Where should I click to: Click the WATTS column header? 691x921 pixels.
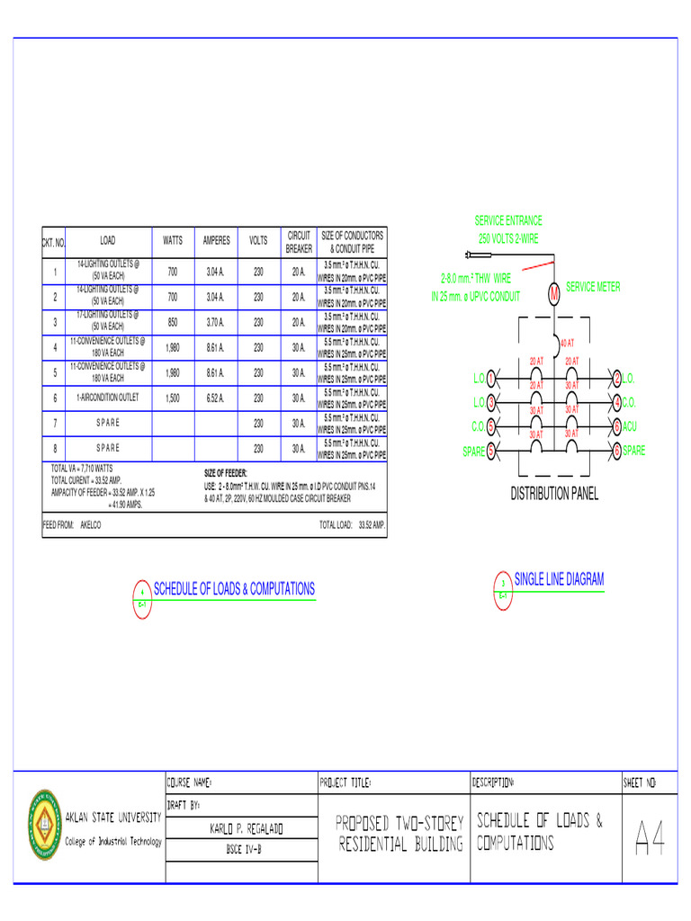pos(173,241)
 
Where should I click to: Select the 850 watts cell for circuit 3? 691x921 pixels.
pos(173,322)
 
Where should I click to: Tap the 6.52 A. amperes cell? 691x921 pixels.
pos(216,398)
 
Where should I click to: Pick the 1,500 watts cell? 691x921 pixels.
pos(173,398)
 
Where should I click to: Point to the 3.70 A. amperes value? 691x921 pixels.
pos(216,322)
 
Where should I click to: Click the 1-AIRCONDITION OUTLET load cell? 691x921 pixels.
pos(108,398)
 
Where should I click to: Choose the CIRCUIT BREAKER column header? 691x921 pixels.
pos(299,242)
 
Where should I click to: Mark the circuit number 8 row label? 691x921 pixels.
pos(55,448)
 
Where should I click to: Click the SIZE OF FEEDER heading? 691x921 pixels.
pos(226,473)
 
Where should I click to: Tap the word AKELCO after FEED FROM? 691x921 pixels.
pos(90,523)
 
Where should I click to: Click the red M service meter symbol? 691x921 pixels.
pos(554,293)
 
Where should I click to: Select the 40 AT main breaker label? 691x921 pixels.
pos(567,343)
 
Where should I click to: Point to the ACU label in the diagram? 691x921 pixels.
pos(631,426)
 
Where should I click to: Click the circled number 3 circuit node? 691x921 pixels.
pos(491,401)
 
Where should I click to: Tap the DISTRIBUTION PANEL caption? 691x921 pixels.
pos(554,494)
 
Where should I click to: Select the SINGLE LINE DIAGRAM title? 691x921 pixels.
pos(559,580)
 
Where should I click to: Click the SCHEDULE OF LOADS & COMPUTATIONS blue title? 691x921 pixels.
pos(234,589)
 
